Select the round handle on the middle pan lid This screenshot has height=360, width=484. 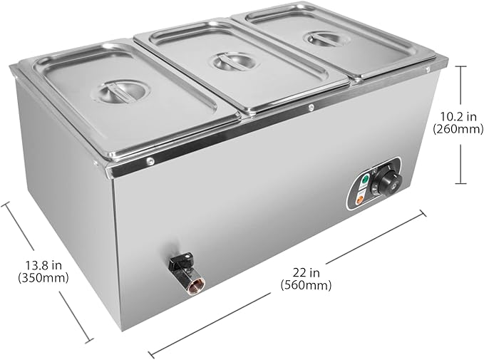tap(232, 62)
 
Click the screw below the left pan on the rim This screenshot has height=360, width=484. tap(150, 161)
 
